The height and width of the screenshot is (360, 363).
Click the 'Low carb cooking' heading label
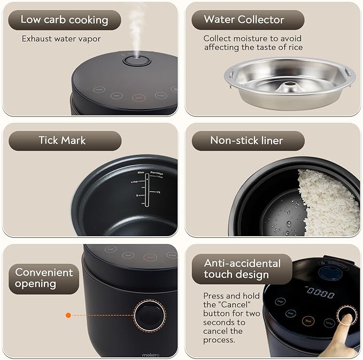click(x=64, y=20)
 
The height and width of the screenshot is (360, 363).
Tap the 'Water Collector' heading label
click(x=244, y=20)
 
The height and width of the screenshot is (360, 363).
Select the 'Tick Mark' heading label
click(x=62, y=140)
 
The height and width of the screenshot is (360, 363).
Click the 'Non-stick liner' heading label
click(x=246, y=140)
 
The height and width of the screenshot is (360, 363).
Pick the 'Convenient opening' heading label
click(x=44, y=278)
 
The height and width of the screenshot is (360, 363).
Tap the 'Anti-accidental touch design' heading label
click(x=242, y=269)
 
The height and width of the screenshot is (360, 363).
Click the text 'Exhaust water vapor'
click(x=61, y=38)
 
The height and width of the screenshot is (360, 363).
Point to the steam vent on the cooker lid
click(x=137, y=60)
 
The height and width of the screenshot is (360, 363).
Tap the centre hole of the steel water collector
click(x=291, y=84)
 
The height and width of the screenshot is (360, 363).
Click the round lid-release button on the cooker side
click(x=150, y=315)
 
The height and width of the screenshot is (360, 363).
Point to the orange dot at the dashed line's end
click(x=68, y=315)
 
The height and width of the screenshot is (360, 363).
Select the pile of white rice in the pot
click(x=327, y=203)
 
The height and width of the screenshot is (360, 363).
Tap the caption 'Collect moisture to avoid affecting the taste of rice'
click(x=253, y=43)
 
